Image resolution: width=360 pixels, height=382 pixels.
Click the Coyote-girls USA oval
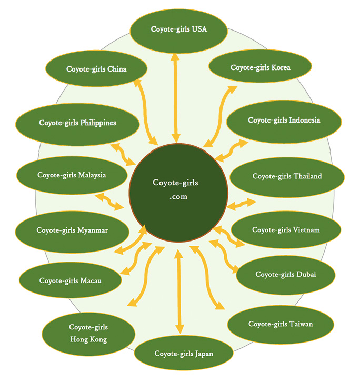[x=179, y=29]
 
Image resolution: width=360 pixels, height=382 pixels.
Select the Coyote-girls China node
[x=96, y=69]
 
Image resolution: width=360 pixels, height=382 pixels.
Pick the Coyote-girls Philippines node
[x=77, y=123]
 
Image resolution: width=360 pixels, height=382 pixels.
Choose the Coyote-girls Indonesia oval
[x=284, y=120]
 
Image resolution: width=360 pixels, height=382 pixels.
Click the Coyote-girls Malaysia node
[x=72, y=175]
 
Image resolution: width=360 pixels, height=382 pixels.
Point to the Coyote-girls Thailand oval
[x=287, y=176]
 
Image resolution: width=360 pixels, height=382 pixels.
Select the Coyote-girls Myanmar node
[x=72, y=230]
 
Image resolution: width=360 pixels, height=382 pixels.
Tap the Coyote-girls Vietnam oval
[x=286, y=230]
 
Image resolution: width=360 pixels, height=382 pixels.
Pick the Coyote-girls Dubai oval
[x=286, y=275]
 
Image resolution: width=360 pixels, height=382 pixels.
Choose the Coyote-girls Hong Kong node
[x=88, y=334]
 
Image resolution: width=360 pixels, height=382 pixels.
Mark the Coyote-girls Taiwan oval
[x=281, y=324]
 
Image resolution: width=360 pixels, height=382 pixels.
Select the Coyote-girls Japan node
[x=184, y=353]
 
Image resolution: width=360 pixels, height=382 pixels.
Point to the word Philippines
[x=98, y=123]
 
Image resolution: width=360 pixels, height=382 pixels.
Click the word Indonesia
[x=304, y=120]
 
